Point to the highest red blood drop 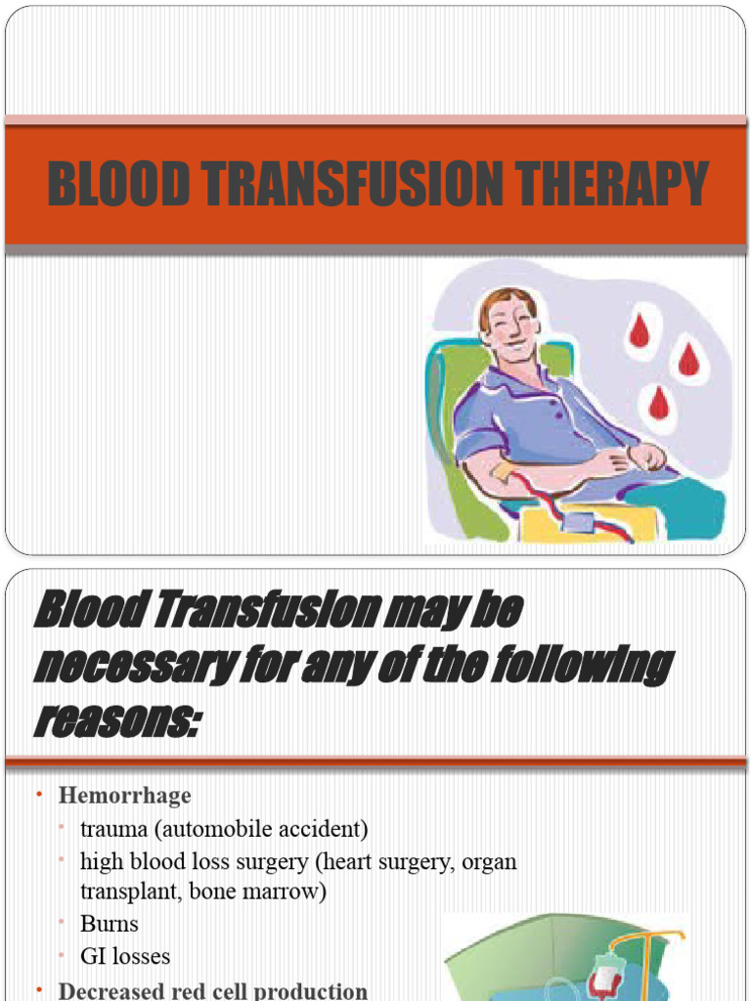[640, 332]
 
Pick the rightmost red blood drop [689, 360]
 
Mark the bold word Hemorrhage [124, 796]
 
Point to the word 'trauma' [111, 830]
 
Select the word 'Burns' [110, 924]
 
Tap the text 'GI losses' [125, 956]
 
